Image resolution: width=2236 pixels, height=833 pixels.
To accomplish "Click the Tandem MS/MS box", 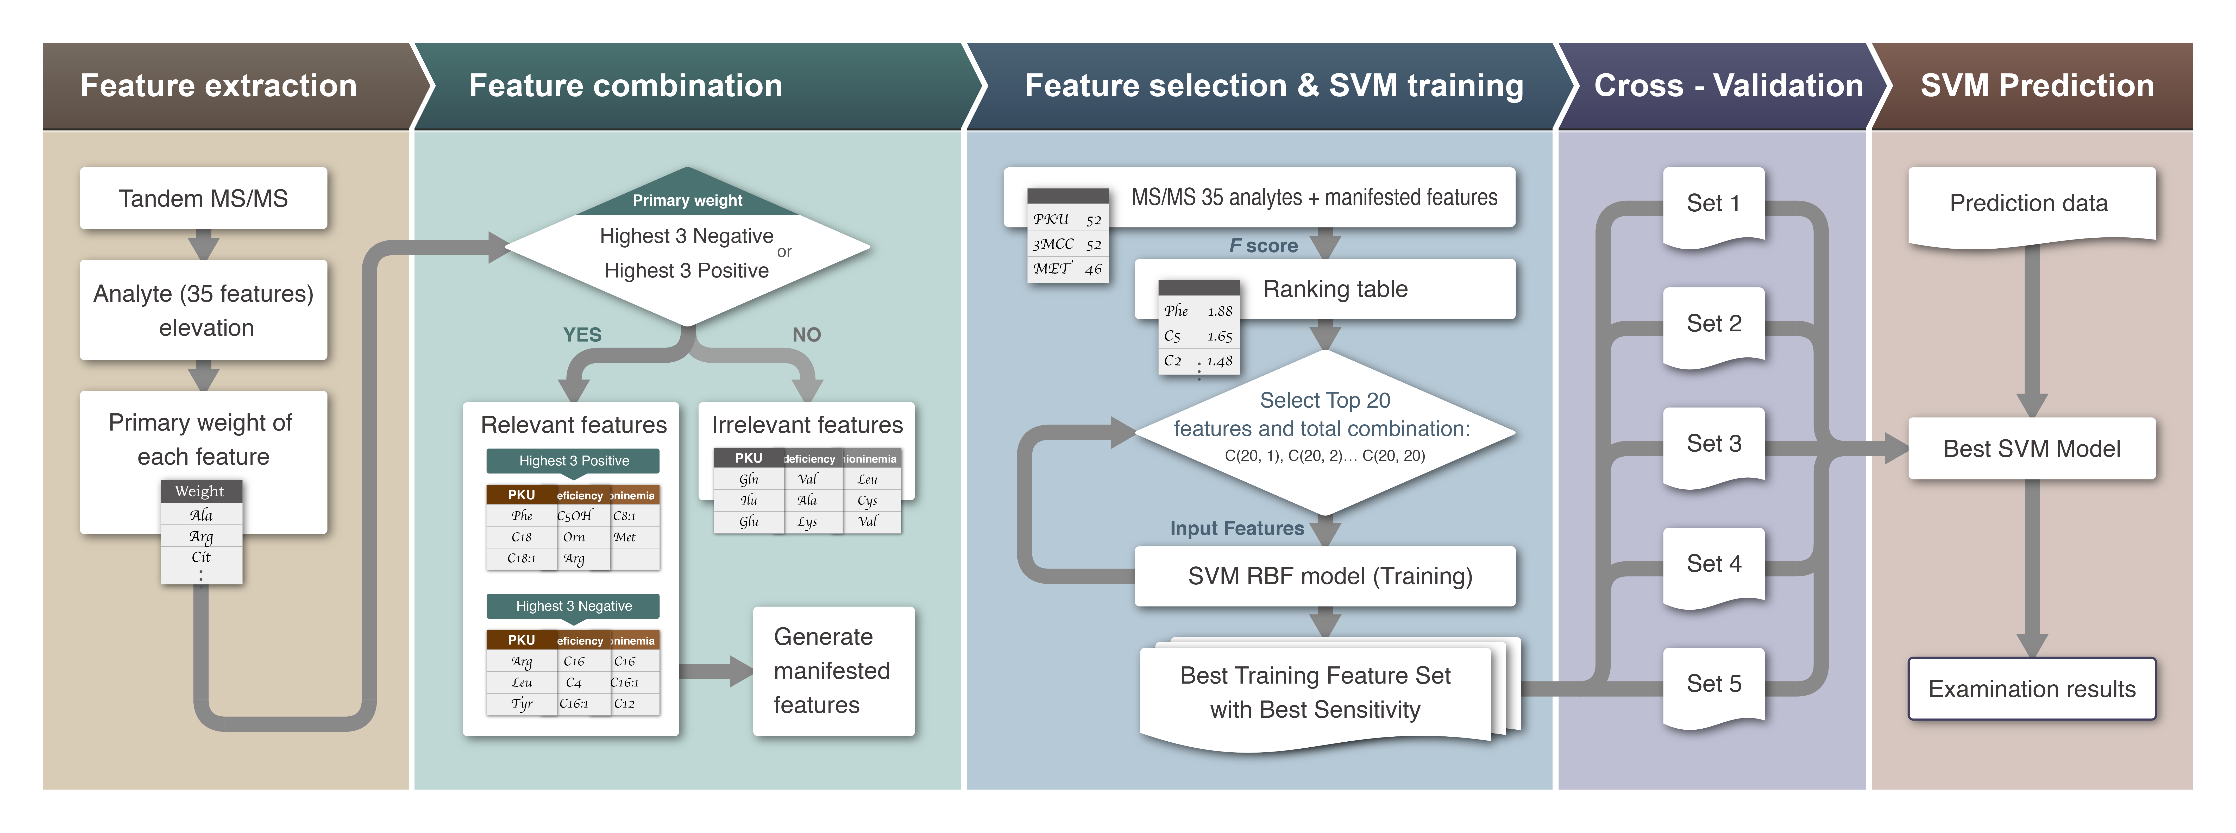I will coord(203,199).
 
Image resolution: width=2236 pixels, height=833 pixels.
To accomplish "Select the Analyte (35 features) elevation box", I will coord(203,310).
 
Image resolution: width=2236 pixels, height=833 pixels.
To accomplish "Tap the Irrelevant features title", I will coord(806,424).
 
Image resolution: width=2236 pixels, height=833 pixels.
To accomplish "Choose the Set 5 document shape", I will coord(1713,685).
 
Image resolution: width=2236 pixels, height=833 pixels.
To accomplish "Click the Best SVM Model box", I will coord(2031,449).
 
